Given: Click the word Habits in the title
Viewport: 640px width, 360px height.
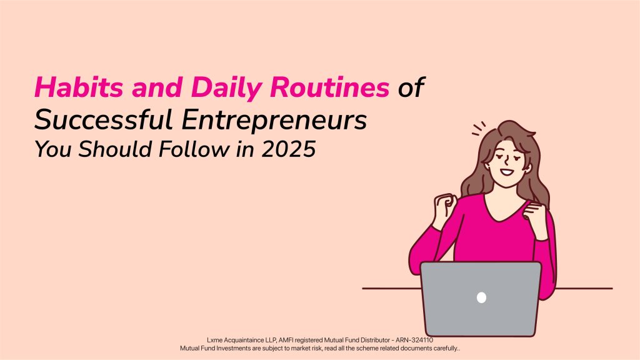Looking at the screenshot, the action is (79, 87).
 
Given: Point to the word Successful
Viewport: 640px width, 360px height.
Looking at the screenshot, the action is (103, 121).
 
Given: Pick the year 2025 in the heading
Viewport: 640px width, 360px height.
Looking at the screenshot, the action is (289, 149).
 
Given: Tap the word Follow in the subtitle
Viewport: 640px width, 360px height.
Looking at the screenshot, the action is (194, 149).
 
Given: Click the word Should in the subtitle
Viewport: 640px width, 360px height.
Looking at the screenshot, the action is (115, 149).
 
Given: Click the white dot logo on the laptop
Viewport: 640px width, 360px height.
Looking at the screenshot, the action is (482, 297).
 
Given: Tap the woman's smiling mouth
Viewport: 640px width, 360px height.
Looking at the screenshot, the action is (507, 172).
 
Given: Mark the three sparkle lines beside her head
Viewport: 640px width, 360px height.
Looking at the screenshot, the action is (478, 128).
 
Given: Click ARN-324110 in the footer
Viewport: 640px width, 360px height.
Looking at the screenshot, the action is (414, 340).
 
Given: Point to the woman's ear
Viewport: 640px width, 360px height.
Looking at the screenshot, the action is (528, 167).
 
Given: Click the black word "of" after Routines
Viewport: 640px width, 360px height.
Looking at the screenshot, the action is (411, 87).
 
